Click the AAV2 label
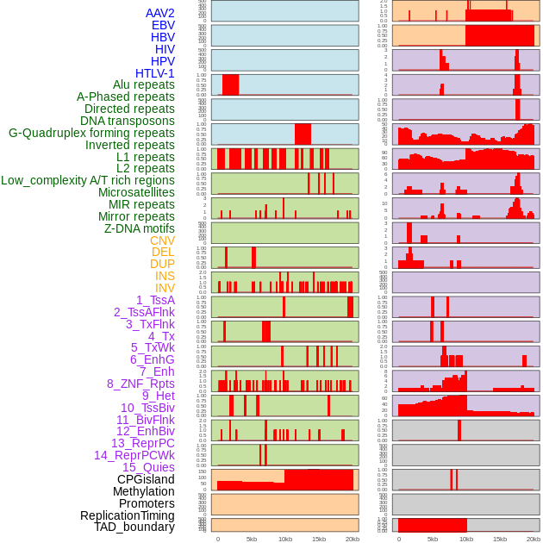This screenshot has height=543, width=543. pos(159,13)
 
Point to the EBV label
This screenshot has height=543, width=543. pos(163,25)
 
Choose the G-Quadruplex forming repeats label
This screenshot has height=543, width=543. pos(91,133)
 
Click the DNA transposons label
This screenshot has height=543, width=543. pos(128,121)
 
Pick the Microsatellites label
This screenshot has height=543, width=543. pos(136,192)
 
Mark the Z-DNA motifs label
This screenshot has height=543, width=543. pos(140,228)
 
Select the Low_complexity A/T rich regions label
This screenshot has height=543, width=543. pos(88,180)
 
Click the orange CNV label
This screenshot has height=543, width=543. pos(162,240)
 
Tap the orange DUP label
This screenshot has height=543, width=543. pos(162,264)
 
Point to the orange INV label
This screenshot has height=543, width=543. pos(164,288)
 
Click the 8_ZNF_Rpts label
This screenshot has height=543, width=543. pos(140,384)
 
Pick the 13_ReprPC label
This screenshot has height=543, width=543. pos(142,443)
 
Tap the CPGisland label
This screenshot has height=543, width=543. pos(146,479)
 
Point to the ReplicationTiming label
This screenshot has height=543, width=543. pos(127,515)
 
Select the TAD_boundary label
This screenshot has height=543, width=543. pos(134,527)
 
